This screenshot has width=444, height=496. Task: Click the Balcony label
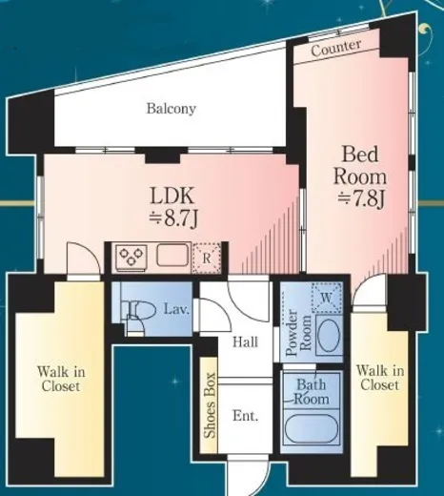[x=171, y=109]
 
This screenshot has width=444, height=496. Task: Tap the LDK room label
[x=172, y=196]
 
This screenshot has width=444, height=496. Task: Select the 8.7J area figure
[x=173, y=218]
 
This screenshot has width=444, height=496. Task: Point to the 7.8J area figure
[x=361, y=199]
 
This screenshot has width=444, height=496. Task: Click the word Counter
[x=336, y=48]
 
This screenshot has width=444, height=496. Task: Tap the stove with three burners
[x=131, y=257]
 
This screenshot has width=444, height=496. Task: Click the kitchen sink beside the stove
[x=172, y=255]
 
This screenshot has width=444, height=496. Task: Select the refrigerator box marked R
[x=207, y=258]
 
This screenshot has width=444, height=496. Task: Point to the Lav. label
[x=176, y=309]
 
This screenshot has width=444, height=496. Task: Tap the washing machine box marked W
[x=327, y=298]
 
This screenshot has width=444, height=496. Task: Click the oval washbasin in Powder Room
[x=329, y=335]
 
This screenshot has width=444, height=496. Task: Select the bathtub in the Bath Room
[x=311, y=427]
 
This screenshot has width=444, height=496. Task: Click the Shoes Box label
[x=210, y=405]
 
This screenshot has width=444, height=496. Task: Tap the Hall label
[x=245, y=342]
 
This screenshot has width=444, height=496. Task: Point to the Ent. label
[x=245, y=416]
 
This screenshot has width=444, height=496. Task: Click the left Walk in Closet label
[x=61, y=379]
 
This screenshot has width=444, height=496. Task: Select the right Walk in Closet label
[x=380, y=378]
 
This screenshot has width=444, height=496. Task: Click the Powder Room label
[x=298, y=332]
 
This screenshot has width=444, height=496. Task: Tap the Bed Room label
[x=360, y=165]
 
